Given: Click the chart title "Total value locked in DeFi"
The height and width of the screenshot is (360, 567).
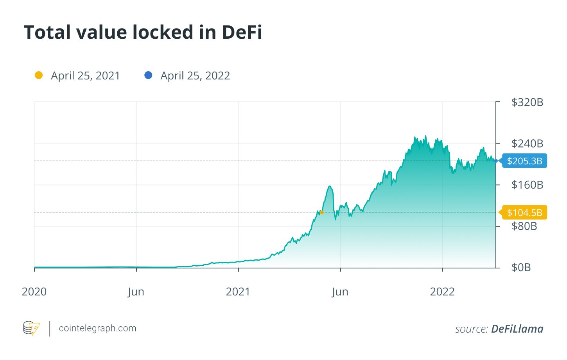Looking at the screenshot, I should click(x=143, y=32).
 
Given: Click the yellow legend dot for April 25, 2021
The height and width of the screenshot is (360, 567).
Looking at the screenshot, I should click(x=39, y=75).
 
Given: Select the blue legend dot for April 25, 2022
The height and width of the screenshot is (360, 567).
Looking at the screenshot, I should click(x=148, y=75).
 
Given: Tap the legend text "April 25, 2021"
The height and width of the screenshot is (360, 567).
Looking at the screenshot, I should click(x=85, y=76).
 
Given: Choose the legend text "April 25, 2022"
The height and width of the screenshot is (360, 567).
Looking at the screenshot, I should click(x=195, y=76).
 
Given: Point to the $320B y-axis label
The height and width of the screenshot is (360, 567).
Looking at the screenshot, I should click(x=527, y=103).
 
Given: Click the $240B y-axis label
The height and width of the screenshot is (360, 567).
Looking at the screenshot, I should click(x=527, y=144).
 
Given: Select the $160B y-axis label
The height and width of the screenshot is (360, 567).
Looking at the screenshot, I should click(x=527, y=185).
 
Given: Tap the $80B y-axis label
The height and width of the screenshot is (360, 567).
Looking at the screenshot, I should click(x=524, y=226).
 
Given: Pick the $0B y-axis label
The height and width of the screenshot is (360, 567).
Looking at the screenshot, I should click(x=521, y=268).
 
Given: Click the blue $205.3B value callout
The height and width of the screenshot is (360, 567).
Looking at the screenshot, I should click(x=524, y=161).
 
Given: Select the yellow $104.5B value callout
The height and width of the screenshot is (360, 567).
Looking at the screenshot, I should click(x=524, y=212).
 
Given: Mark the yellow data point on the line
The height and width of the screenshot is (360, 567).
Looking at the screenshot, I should click(x=321, y=212).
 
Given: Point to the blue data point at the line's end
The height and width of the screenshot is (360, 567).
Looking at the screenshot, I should click(x=496, y=161).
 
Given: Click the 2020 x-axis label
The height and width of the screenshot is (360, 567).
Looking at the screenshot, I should click(x=34, y=292).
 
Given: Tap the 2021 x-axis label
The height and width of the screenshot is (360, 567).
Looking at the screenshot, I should click(x=238, y=292).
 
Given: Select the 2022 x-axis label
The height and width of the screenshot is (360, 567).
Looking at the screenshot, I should click(x=442, y=292).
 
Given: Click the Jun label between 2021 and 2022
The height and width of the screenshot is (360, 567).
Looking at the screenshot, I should click(x=340, y=292).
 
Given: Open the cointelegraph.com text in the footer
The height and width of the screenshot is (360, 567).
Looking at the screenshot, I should click(x=97, y=328).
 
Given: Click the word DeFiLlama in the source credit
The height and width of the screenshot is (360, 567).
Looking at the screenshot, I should click(x=517, y=329).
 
